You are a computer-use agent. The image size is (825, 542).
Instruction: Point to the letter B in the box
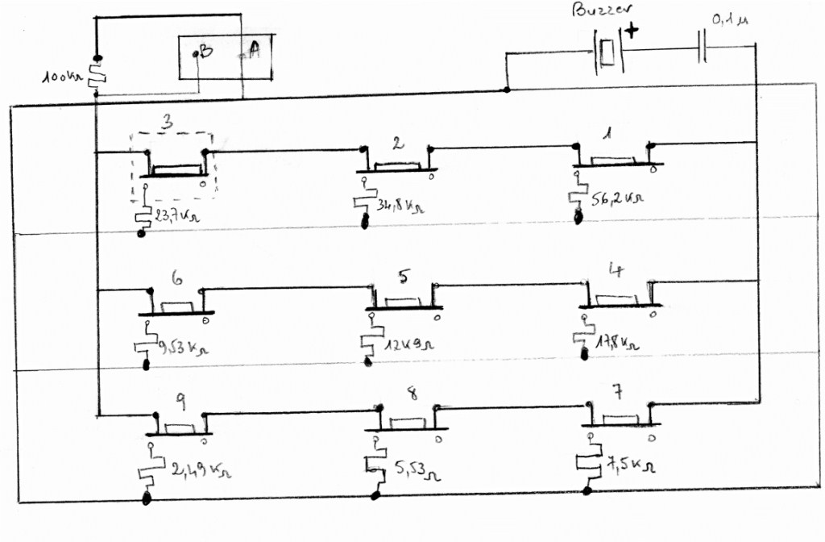coord(205,52)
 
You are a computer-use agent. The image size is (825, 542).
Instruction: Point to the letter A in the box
coord(254,51)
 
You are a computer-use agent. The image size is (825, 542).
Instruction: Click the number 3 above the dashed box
coord(166,123)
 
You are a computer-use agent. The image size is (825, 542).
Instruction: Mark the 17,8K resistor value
coord(617,341)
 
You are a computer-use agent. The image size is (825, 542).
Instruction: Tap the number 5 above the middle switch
coord(404,276)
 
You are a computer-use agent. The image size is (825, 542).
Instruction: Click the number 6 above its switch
coord(176,279)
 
